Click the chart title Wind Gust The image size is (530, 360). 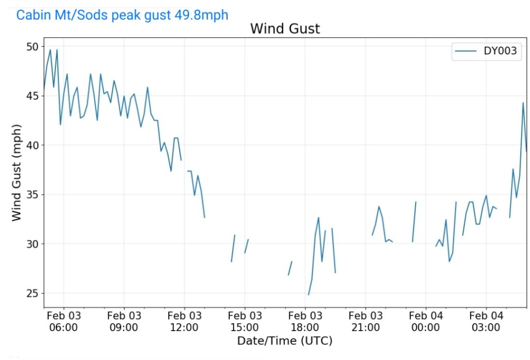[285, 28]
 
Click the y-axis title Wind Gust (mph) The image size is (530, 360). [17, 172]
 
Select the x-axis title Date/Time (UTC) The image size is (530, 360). [285, 341]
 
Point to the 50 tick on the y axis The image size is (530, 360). [32, 47]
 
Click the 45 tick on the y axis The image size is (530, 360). [32, 96]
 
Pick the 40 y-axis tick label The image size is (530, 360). [32, 145]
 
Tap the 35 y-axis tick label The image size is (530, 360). [32, 195]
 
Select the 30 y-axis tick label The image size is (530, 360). [32, 244]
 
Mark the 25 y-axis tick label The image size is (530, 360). [32, 293]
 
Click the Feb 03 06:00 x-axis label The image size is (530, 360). [64, 321]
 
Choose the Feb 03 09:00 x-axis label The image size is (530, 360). [124, 321]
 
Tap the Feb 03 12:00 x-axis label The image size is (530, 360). [184, 321]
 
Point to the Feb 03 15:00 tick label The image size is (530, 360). [245, 321]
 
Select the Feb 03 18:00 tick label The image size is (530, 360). [305, 321]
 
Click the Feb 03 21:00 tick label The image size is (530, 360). [365, 321]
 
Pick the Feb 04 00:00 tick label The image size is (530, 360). [425, 321]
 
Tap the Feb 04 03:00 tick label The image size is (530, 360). [486, 321]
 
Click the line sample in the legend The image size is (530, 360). [465, 51]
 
